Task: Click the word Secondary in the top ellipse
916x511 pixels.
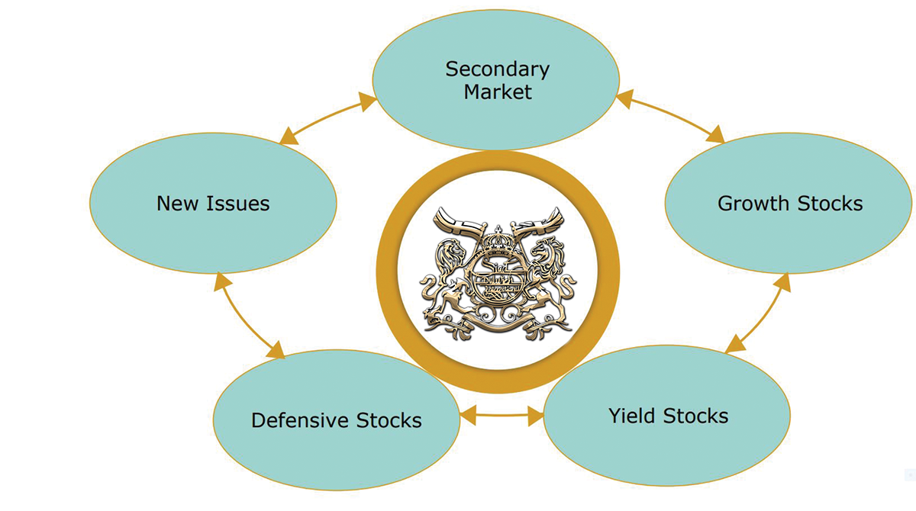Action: tap(497, 69)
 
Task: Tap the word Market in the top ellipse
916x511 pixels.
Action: tap(497, 93)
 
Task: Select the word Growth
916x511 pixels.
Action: tap(753, 204)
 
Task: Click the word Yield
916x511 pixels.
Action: tap(633, 416)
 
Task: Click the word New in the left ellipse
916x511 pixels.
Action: tap(178, 204)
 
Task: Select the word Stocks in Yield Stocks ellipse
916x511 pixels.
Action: tap(695, 416)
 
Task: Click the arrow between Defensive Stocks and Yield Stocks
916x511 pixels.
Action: tap(502, 416)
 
